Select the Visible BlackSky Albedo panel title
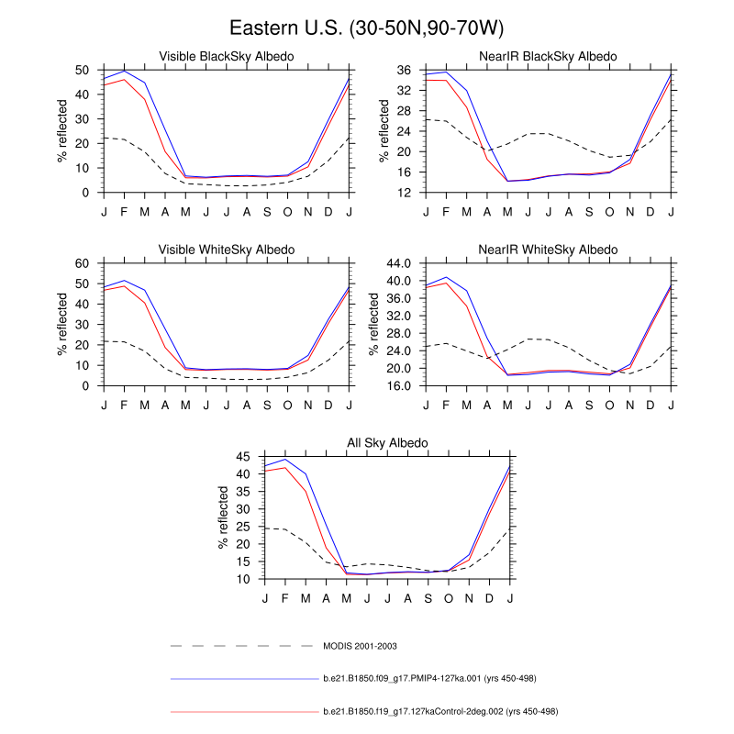(227, 57)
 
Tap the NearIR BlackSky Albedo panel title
(549, 57)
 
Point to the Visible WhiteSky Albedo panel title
(227, 250)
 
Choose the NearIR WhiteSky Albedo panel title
(549, 250)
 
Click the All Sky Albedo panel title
(388, 443)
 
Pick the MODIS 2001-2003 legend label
(360, 646)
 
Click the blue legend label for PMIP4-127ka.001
(429, 679)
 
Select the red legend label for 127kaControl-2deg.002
(440, 711)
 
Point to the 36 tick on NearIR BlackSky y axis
(405, 70)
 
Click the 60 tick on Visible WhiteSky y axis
(82, 263)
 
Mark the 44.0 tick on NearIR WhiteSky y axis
(399, 263)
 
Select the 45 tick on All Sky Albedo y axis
(243, 457)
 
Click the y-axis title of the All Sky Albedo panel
(224, 518)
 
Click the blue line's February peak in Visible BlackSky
(124, 71)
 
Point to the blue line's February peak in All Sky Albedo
(285, 460)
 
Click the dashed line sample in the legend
(243, 646)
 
